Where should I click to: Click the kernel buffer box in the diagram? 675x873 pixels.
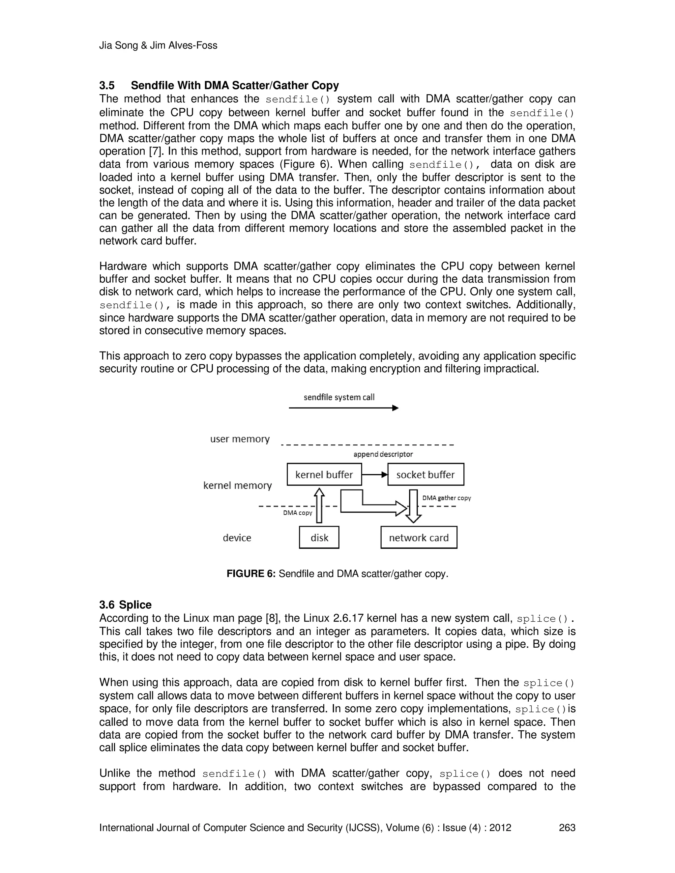pyautogui.click(x=324, y=474)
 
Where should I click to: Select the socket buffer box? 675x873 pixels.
pyautogui.click(x=426, y=474)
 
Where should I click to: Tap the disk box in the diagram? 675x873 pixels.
pyautogui.click(x=319, y=537)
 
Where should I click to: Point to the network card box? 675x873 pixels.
pyautogui.click(x=419, y=537)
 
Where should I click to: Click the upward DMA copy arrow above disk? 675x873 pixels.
pyautogui.click(x=319, y=506)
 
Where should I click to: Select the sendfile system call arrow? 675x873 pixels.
pyautogui.click(x=343, y=408)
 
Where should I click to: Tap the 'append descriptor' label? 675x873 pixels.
pyautogui.click(x=383, y=454)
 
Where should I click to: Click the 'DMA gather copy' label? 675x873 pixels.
pyautogui.click(x=446, y=498)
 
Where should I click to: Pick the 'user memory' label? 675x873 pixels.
pyautogui.click(x=240, y=439)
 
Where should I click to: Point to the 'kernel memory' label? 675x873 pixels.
pyautogui.click(x=238, y=485)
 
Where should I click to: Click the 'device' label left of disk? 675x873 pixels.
pyautogui.click(x=237, y=538)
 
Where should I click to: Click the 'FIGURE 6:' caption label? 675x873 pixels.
pyautogui.click(x=251, y=574)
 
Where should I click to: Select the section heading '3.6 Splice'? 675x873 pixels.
pyautogui.click(x=126, y=605)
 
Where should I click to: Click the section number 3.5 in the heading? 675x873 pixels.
pyautogui.click(x=107, y=86)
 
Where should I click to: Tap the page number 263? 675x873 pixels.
pyautogui.click(x=567, y=828)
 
